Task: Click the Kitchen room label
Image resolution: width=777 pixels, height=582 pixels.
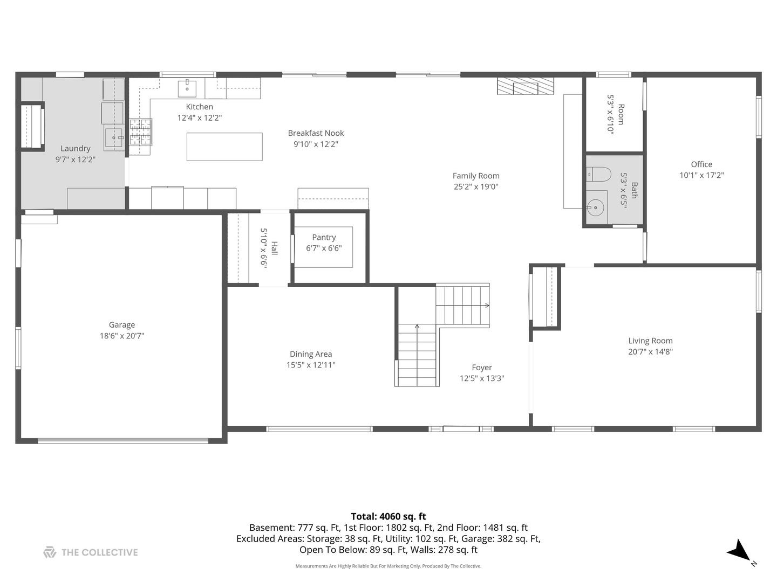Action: (199, 107)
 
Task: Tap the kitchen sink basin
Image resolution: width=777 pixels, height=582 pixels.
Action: (187, 88)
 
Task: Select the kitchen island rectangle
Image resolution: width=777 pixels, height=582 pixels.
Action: (224, 147)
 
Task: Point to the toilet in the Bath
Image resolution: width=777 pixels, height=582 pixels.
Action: (598, 174)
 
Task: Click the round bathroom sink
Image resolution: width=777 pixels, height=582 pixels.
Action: (596, 208)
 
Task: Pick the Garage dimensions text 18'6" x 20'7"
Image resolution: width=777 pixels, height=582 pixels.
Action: (122, 336)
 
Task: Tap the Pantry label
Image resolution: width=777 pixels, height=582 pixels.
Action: (324, 238)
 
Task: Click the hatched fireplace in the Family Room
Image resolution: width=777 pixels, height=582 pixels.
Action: (526, 86)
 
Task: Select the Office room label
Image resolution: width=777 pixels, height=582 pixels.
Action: (701, 164)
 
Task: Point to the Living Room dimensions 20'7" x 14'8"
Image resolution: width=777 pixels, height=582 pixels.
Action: (650, 351)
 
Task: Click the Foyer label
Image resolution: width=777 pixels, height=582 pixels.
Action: (482, 368)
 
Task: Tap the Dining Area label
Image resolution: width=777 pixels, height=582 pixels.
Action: (311, 354)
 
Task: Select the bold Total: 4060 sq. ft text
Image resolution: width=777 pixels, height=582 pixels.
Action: (388, 517)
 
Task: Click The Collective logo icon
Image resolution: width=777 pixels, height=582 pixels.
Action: (50, 552)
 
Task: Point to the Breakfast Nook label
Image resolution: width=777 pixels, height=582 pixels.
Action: (316, 133)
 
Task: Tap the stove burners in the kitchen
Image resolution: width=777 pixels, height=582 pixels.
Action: (140, 132)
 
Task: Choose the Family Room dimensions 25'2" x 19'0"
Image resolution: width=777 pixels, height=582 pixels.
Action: (476, 186)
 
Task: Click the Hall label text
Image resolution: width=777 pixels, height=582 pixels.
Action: (274, 248)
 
